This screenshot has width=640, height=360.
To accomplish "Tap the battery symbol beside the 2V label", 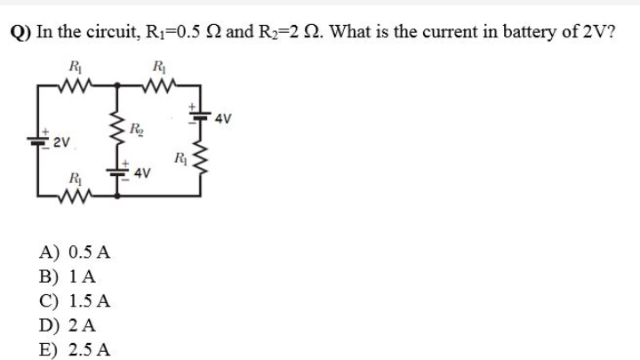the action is click(x=42, y=140).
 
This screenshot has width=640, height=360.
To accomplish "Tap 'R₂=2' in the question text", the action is click(x=284, y=33).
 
